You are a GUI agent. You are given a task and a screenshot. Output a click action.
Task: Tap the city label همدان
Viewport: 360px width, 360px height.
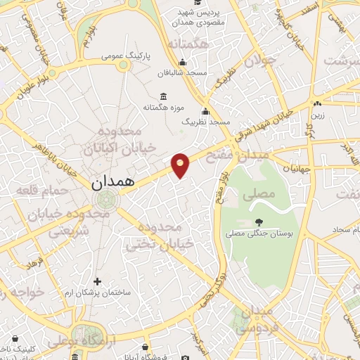(x=112, y=183)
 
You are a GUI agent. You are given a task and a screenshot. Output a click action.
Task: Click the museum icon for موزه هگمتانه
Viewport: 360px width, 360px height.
(x=163, y=97)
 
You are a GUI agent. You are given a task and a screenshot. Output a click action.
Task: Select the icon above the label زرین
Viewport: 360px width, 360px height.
(x=318, y=104)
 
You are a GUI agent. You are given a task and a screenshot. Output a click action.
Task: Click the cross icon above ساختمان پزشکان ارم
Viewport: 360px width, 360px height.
(x=98, y=281)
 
